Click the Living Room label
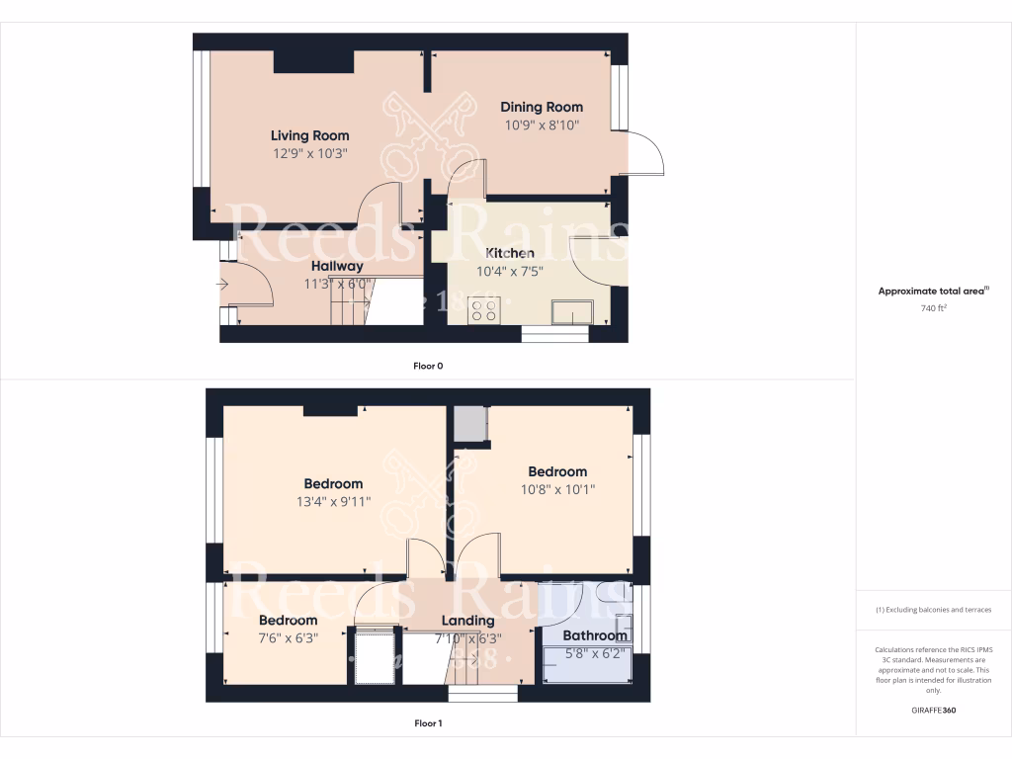pyautogui.click(x=310, y=135)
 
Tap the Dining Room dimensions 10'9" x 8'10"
pyautogui.click(x=542, y=126)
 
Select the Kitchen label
pyautogui.click(x=510, y=253)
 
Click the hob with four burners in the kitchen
pyautogui.click(x=484, y=311)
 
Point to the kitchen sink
pyautogui.click(x=571, y=313)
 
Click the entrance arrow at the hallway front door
pyautogui.click(x=222, y=287)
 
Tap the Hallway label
pyautogui.click(x=337, y=266)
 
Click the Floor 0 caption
pyautogui.click(x=428, y=366)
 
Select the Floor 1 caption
pyautogui.click(x=428, y=723)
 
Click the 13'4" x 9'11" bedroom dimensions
pyautogui.click(x=333, y=501)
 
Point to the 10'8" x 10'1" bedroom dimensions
pyautogui.click(x=557, y=489)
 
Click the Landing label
pyautogui.click(x=467, y=621)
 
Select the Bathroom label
pyautogui.click(x=595, y=635)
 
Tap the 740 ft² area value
pyautogui.click(x=934, y=308)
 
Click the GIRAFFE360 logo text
pyautogui.click(x=934, y=710)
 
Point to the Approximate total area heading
pyautogui.click(x=933, y=291)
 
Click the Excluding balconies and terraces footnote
pyautogui.click(x=934, y=610)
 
